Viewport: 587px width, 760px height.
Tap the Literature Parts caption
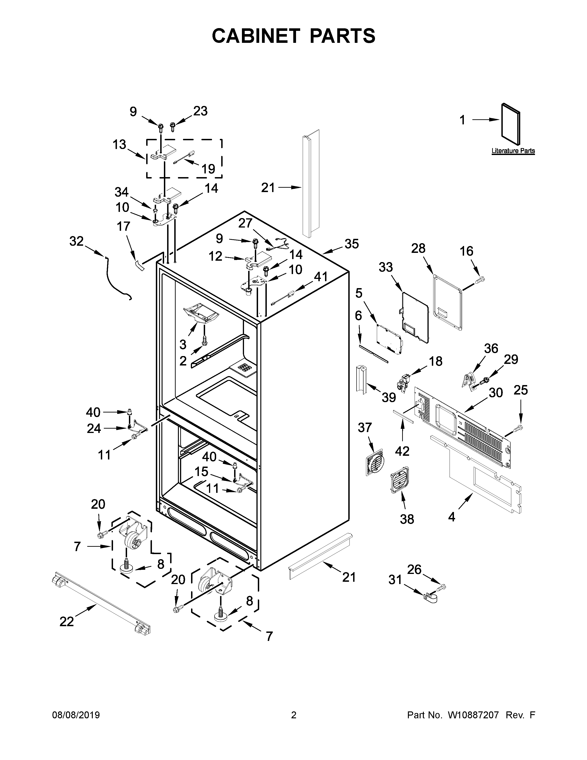(x=513, y=151)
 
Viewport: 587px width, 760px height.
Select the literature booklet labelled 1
(x=511, y=123)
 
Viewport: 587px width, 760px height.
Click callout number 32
(x=76, y=241)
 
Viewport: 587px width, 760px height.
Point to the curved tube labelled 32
(x=115, y=278)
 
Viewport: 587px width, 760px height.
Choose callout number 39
(x=389, y=397)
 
